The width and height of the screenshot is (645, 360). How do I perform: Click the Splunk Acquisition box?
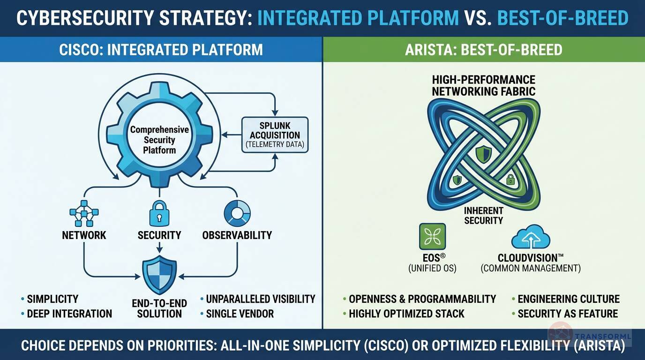pos(275,135)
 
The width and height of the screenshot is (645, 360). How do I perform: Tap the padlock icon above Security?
pos(159,213)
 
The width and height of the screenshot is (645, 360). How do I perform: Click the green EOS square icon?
pos(432,236)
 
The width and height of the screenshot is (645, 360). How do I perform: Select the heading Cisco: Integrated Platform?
pos(161,50)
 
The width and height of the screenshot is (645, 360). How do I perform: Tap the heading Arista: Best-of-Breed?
pos(483,50)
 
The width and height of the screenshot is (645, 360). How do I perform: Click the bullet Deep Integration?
pos(69,314)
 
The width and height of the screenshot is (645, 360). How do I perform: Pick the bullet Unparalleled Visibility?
pos(260,299)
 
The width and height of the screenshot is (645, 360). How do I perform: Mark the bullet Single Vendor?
pos(240,314)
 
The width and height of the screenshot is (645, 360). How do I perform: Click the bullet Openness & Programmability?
pos(422,299)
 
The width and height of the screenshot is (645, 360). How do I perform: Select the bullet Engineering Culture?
pos(568,299)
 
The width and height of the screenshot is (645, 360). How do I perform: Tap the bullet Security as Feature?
pos(568,314)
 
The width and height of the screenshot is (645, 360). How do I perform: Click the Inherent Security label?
pos(484,216)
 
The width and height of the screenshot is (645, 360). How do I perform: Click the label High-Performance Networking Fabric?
pos(483,85)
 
